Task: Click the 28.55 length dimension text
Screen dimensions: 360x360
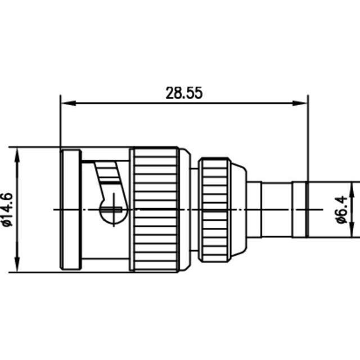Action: pos(183,93)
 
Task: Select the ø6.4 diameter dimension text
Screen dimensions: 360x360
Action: pos(341,210)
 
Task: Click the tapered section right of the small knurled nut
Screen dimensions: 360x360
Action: pos(238,209)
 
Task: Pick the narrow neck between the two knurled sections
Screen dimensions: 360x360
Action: pos(191,209)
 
